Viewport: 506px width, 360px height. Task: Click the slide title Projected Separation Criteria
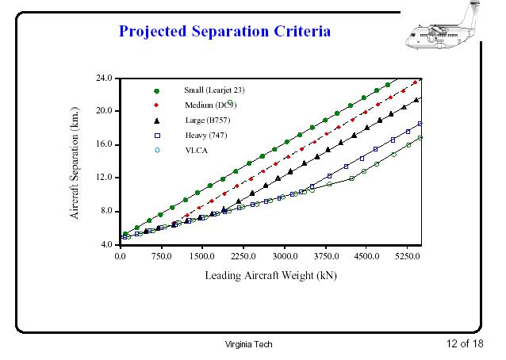point(224,32)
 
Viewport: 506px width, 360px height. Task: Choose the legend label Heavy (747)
point(201,136)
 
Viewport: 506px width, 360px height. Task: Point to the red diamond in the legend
point(157,105)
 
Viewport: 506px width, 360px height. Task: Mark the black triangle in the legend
point(157,121)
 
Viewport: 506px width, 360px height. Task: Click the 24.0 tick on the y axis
point(105,79)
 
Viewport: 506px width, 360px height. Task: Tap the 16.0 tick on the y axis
point(105,145)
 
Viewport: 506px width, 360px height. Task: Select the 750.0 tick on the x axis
point(163,257)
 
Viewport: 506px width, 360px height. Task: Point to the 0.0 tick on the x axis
point(121,257)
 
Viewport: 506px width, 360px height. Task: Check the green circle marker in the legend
point(157,90)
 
